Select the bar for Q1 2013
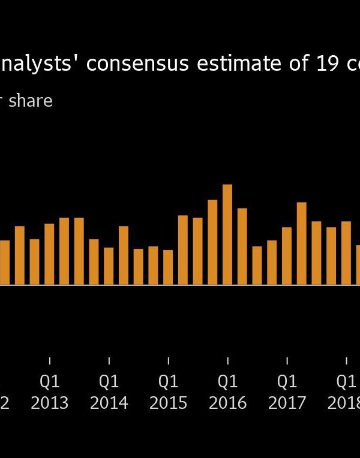point(49,254)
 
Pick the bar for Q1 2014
point(109,266)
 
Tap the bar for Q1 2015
point(168,267)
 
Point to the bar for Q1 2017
point(287,256)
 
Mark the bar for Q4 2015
point(212,242)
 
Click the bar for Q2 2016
point(242,246)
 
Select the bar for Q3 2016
point(257,266)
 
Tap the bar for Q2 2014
point(124,255)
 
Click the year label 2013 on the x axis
point(49,403)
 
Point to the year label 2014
point(109,403)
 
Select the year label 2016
point(227,403)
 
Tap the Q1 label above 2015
point(168,382)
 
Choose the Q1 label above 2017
point(287,382)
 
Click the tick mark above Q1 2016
point(227,360)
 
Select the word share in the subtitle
point(31,101)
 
